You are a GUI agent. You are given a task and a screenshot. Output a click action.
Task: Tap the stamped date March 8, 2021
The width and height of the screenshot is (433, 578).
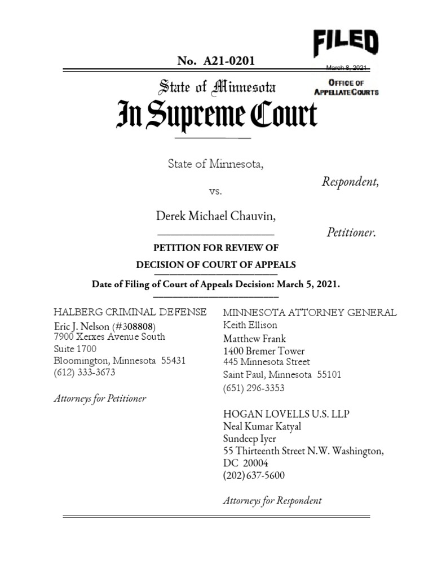[347, 68]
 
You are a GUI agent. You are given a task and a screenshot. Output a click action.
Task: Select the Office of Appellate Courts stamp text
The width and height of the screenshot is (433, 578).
[346, 87]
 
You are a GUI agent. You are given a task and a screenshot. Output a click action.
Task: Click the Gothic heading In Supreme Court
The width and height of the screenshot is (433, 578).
[217, 115]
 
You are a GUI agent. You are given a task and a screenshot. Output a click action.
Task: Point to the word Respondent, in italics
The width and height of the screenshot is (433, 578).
[350, 182]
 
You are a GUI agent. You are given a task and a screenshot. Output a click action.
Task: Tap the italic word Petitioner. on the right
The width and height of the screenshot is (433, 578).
[351, 233]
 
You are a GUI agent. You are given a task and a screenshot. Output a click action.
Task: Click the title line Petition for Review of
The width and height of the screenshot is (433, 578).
[216, 248]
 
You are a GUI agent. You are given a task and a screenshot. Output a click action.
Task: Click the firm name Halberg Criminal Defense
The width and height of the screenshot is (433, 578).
[130, 312]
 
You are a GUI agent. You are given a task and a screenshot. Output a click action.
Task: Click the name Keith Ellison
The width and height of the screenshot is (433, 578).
[250, 325]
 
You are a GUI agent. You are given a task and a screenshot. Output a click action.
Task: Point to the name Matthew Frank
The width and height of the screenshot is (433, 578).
[254, 339]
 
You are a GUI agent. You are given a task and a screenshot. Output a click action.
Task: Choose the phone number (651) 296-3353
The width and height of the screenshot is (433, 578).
[254, 388]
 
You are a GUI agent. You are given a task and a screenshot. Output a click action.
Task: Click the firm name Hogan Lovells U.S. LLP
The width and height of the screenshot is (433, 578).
[286, 414]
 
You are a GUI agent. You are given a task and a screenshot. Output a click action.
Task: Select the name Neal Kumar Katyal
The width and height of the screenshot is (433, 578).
[262, 426]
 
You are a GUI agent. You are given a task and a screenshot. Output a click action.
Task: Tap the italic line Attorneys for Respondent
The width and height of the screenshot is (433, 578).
[272, 500]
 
